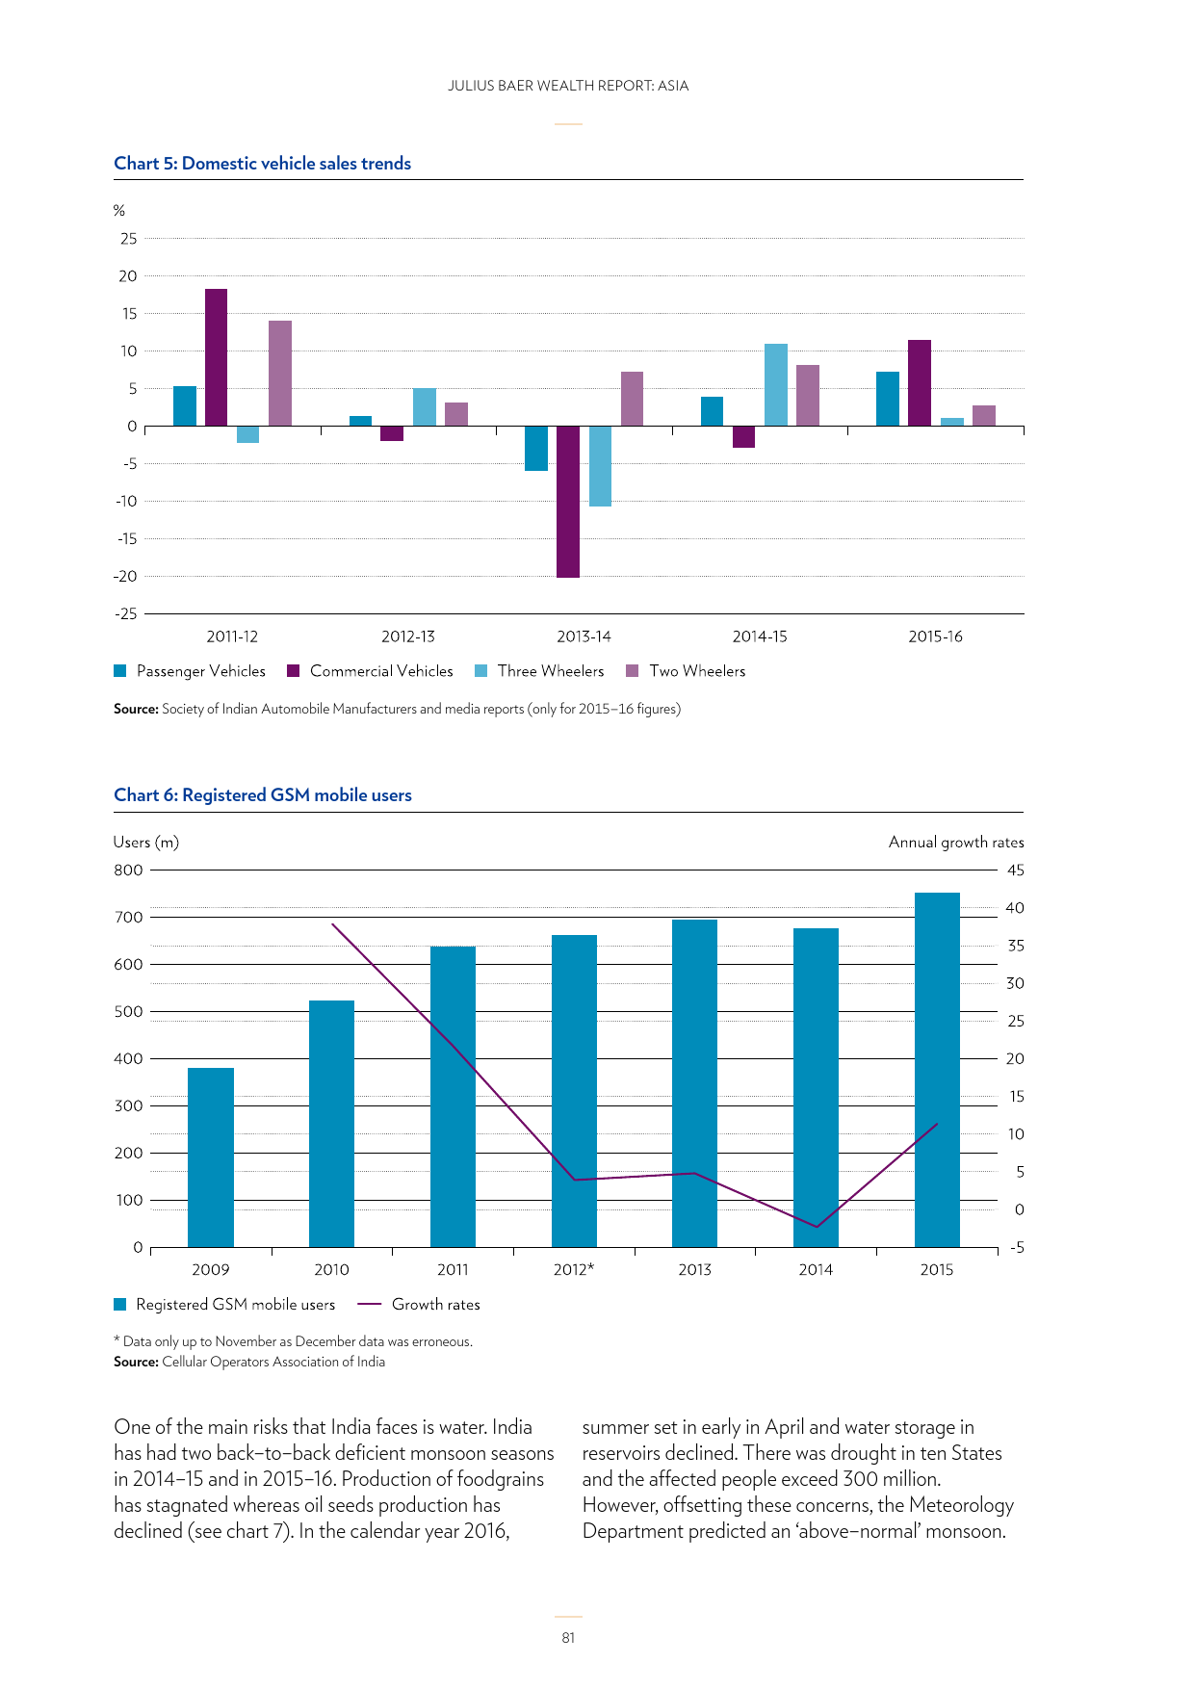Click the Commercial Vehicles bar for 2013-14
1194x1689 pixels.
coord(568,501)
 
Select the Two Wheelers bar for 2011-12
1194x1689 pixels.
coord(280,373)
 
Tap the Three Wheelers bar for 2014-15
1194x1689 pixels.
coord(776,384)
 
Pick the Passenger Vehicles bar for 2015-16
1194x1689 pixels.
coord(888,399)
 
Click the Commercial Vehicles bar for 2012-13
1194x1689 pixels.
coord(392,433)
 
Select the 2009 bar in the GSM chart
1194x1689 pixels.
coord(211,1156)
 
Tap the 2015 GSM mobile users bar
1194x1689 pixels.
coord(937,1069)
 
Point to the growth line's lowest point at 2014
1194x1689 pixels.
coord(817,1227)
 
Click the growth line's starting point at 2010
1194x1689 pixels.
coord(332,924)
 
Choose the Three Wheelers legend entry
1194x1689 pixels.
coord(550,671)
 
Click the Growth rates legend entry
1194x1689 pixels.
coord(435,1305)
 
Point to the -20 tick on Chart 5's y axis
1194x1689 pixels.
coord(126,577)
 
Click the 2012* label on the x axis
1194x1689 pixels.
coord(574,1270)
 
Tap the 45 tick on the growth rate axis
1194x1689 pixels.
coord(1015,870)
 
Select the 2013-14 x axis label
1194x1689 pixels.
coord(584,637)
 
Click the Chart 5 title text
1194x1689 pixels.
coord(263,164)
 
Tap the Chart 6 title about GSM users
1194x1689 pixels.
coord(263,795)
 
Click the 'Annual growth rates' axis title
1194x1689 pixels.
coord(956,843)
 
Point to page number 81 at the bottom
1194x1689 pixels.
coord(568,1638)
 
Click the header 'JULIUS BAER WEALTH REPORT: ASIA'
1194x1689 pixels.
coord(568,86)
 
